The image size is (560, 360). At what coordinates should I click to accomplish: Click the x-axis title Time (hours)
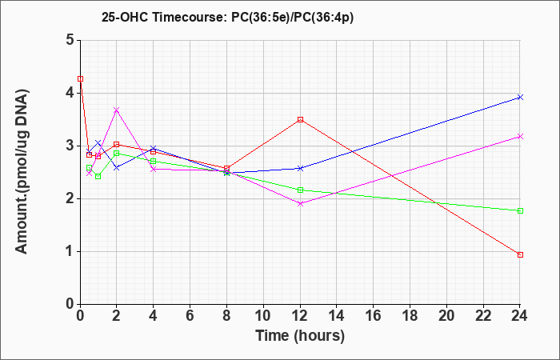pyautogui.click(x=300, y=336)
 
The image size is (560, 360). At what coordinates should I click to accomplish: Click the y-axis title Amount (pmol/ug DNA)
pyautogui.click(x=22, y=171)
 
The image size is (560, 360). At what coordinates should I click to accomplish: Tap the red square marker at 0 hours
pyautogui.click(x=81, y=78)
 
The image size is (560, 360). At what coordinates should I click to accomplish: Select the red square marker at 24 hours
pyautogui.click(x=520, y=254)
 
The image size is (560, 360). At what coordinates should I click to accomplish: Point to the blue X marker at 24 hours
pyautogui.click(x=520, y=97)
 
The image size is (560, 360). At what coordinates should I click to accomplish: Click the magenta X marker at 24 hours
pyautogui.click(x=520, y=137)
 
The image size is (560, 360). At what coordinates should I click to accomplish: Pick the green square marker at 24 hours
pyautogui.click(x=520, y=210)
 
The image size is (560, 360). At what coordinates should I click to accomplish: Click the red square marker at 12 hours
pyautogui.click(x=300, y=120)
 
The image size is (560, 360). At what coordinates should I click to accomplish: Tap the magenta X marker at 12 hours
pyautogui.click(x=300, y=203)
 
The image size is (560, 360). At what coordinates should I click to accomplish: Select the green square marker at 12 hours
pyautogui.click(x=300, y=190)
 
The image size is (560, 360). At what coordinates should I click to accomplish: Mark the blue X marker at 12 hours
pyautogui.click(x=300, y=168)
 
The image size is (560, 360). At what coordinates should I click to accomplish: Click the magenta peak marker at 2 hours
pyautogui.click(x=117, y=110)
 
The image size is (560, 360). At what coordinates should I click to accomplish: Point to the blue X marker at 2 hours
pyautogui.click(x=117, y=167)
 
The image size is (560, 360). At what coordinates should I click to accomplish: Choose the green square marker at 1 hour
pyautogui.click(x=98, y=177)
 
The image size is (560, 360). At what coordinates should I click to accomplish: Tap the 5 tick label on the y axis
pyautogui.click(x=70, y=40)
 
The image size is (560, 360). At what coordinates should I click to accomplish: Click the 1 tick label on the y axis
pyautogui.click(x=70, y=251)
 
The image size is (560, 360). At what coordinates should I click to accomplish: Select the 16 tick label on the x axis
pyautogui.click(x=374, y=316)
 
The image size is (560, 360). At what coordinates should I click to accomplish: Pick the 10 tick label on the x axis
pyautogui.click(x=263, y=316)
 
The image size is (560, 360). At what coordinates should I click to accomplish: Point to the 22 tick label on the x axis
pyautogui.click(x=483, y=316)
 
